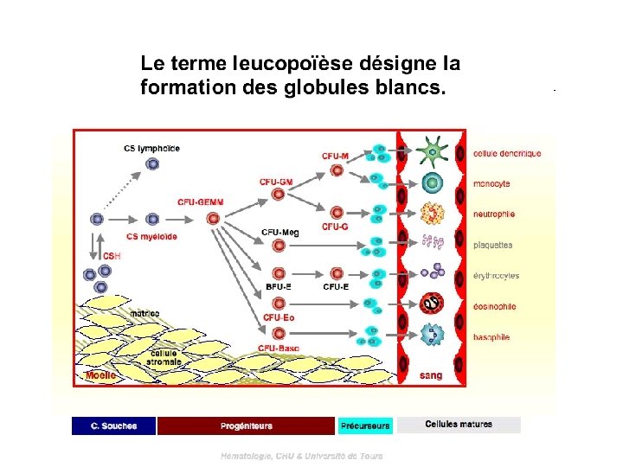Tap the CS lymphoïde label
coord(151,148)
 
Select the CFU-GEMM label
coord(200,202)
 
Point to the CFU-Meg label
coord(279,232)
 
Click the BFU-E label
coord(278,286)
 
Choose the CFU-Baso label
coord(279,348)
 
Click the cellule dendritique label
coord(507,154)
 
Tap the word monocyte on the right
coord(491,183)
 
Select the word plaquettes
coord(492,245)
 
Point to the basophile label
coord(491,336)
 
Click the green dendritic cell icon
coord(430,153)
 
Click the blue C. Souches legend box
coord(113,425)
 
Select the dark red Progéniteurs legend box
coord(246,425)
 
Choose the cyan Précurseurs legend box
coord(365,425)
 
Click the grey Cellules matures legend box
coord(459,425)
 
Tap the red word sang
coord(431,376)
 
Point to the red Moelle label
coord(100,376)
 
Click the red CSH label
coord(112,255)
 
